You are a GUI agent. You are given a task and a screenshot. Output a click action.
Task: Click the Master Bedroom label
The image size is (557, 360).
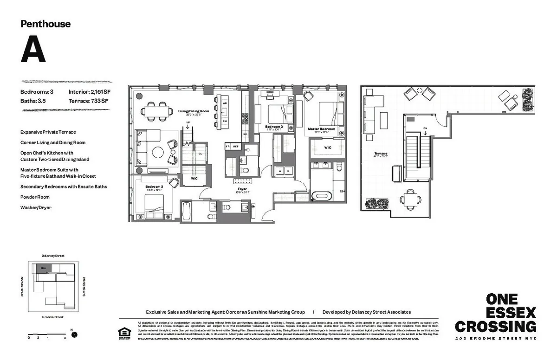pos(321,129)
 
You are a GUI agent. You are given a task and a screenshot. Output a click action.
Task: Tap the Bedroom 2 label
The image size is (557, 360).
pos(274,127)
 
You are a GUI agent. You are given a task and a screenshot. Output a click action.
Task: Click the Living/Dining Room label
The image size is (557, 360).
pos(194,111)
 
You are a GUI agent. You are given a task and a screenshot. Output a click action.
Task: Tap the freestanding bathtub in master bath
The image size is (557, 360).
pos(321,195)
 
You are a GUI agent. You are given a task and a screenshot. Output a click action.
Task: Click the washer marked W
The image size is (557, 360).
pos(279,171)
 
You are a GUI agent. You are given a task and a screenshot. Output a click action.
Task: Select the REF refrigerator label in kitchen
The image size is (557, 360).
pos(236,146)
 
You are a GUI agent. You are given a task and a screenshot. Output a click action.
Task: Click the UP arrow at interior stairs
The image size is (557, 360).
pos(188,125)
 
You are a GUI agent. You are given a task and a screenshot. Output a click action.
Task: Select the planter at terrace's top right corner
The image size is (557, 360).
pos(528,99)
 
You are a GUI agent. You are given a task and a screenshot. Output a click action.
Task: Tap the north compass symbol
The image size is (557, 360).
pos(73,334)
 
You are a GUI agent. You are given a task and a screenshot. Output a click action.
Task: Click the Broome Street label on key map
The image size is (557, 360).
pos(52,317)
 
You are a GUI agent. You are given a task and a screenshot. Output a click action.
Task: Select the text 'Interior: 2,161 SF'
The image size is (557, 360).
pos(90,92)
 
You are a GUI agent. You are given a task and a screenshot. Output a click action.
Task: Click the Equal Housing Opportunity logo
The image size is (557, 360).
pos(124,334)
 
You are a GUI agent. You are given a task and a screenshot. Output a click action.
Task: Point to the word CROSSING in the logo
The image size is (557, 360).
pos(495,326)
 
